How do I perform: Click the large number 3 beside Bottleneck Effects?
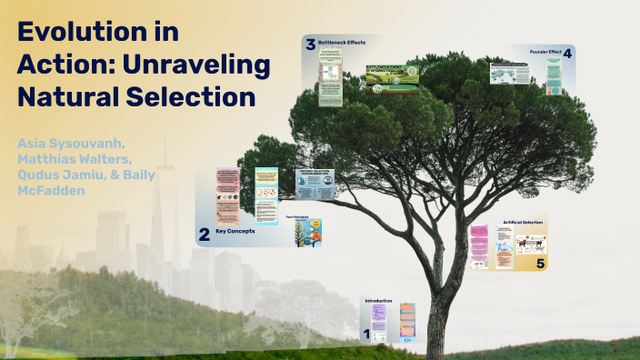310,45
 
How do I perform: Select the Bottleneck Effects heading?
342,43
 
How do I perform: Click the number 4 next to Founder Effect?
567,54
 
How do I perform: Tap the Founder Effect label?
545,53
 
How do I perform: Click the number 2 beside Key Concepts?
204,235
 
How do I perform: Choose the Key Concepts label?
235,232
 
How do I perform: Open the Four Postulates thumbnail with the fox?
307,233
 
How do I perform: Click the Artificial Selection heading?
523,222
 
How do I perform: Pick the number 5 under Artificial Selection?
541,264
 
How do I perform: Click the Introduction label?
377,301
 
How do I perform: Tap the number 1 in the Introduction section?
366,334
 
